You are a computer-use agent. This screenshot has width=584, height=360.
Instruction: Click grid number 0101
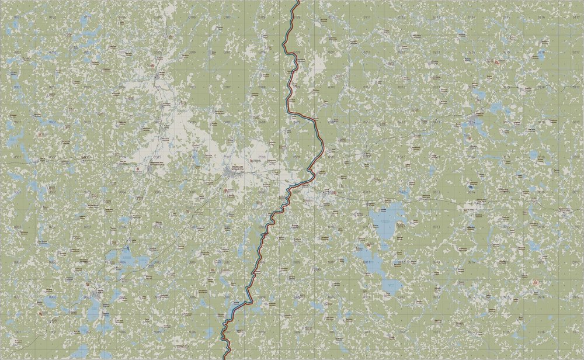17,18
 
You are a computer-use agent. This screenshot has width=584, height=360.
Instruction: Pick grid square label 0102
52,18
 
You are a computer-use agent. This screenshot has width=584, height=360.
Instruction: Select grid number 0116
541,18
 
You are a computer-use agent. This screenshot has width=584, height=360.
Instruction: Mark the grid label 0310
332,87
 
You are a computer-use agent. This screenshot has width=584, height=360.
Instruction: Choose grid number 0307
227,87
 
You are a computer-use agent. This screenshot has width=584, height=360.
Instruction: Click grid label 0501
17,157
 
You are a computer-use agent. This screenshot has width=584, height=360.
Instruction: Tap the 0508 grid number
262,157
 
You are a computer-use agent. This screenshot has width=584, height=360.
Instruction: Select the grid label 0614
471,192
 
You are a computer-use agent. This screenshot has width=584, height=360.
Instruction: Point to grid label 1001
17,331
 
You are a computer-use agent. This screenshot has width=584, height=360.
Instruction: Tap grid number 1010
332,331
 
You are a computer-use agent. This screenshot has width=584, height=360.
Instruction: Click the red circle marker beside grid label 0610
330,192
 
